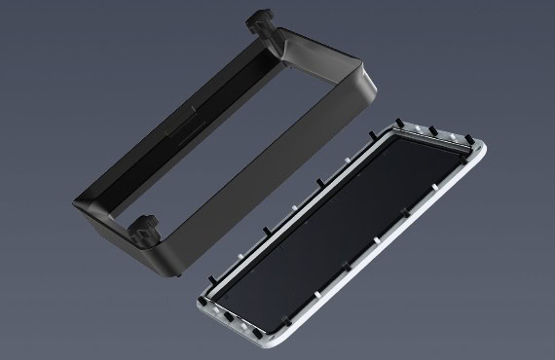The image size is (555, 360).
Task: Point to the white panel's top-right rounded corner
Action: point(481,146)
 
